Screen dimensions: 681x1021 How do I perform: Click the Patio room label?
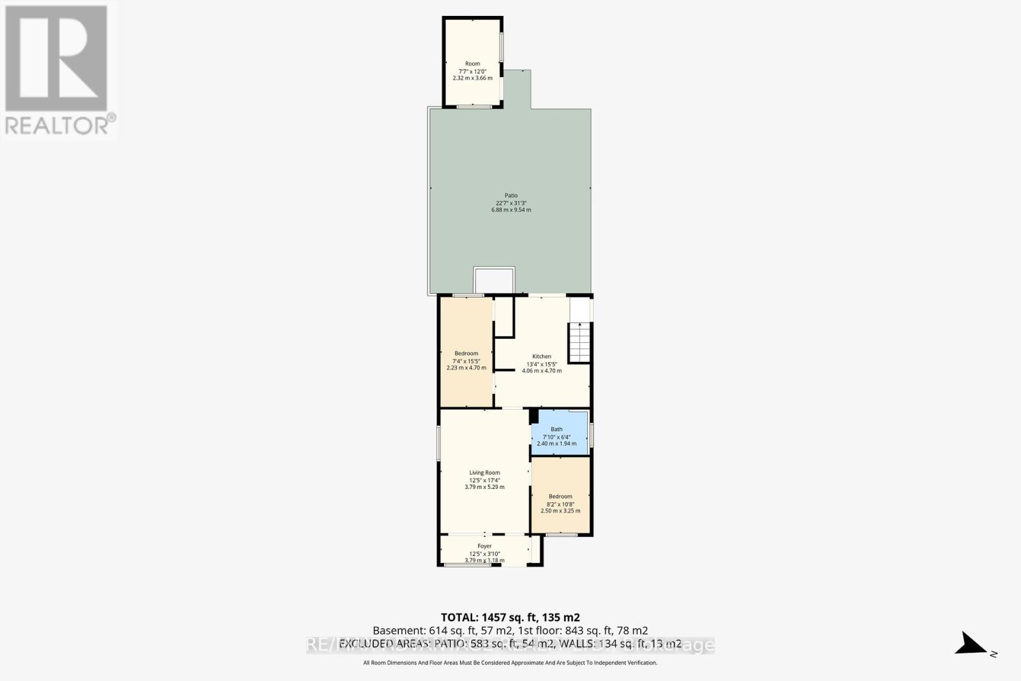click(x=511, y=195)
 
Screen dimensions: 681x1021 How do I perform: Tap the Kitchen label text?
click(x=542, y=356)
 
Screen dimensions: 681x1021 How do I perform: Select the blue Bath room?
click(x=560, y=433)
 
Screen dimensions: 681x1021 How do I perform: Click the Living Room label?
click(x=484, y=473)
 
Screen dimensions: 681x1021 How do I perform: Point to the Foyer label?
click(x=484, y=546)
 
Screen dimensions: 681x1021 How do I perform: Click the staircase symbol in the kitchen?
click(x=580, y=343)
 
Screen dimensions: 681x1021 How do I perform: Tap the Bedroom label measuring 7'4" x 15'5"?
click(x=466, y=354)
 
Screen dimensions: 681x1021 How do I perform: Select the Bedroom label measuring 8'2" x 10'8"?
click(x=560, y=497)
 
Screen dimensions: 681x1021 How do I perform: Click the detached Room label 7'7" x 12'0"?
click(x=472, y=64)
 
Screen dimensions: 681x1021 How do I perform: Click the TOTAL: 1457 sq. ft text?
click(x=510, y=617)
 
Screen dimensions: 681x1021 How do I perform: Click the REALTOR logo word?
click(x=57, y=125)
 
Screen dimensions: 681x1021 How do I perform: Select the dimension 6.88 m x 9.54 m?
click(x=511, y=210)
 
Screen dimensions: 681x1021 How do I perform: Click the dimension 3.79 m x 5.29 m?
click(x=484, y=487)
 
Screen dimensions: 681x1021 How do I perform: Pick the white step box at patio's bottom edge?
click(x=494, y=281)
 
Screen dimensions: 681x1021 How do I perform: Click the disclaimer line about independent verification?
click(x=510, y=663)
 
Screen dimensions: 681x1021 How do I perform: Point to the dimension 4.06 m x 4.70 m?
click(x=542, y=371)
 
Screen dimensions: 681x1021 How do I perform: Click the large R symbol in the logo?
click(x=56, y=59)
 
